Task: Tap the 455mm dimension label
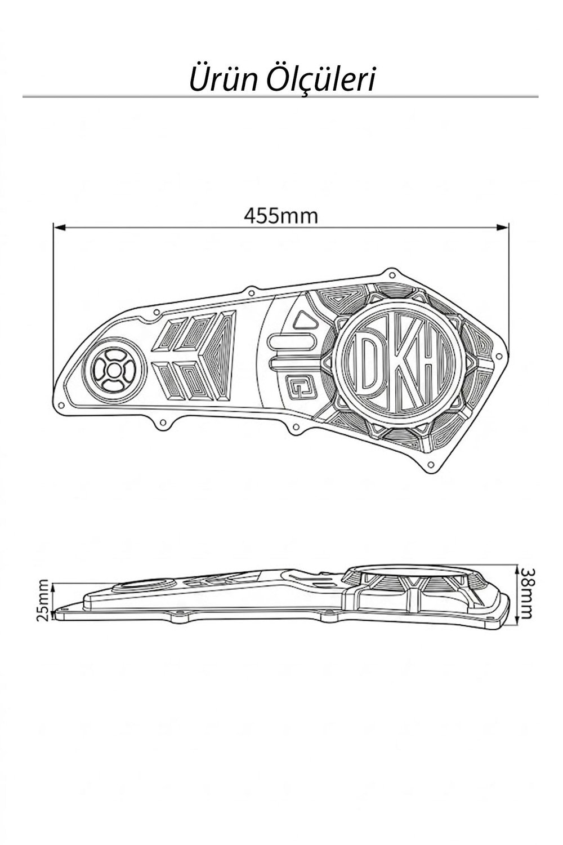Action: coord(281,216)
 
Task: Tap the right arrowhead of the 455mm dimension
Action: coord(503,227)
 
